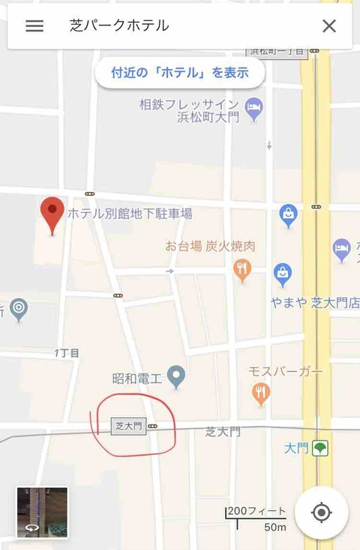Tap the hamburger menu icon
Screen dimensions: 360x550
[34, 26]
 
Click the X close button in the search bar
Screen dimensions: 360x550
[328, 26]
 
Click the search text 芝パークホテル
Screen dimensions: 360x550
[119, 26]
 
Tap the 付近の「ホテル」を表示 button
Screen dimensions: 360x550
[179, 73]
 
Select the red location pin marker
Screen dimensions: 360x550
[52, 215]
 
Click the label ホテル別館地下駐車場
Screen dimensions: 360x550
[130, 214]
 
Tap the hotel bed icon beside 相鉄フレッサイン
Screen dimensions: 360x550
[254, 110]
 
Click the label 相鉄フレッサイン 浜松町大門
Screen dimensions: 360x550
[188, 110]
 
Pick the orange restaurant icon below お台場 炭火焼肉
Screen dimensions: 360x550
[241, 269]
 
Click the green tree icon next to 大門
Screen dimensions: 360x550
[320, 448]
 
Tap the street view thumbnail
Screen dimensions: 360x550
[42, 512]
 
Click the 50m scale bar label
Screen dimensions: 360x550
[274, 527]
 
